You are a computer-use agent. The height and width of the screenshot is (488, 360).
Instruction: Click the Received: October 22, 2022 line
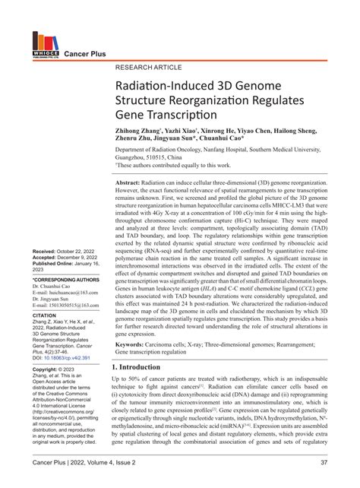point(61,208)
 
